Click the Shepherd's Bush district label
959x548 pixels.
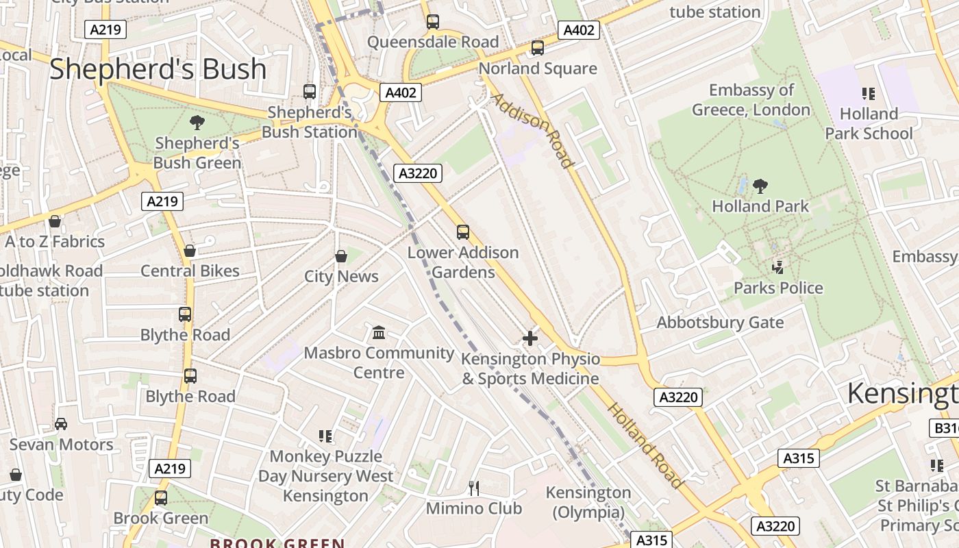click(158, 69)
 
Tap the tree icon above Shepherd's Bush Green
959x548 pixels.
click(197, 123)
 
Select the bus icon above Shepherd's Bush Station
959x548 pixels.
click(310, 91)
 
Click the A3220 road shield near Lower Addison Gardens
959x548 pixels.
click(418, 173)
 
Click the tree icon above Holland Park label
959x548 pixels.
click(760, 186)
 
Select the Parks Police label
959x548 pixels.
click(778, 288)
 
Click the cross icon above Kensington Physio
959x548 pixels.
click(530, 338)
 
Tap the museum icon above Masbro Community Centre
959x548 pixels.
click(378, 333)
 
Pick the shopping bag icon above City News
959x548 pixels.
click(340, 256)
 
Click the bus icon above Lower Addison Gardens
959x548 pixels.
click(463, 232)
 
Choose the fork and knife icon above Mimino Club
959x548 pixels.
click(473, 488)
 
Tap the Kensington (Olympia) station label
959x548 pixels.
click(588, 502)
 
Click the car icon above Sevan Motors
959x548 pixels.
click(61, 424)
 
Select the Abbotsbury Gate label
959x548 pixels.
click(720, 323)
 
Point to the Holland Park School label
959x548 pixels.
click(869, 123)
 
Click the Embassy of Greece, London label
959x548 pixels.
click(751, 100)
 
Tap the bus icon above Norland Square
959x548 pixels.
click(538, 48)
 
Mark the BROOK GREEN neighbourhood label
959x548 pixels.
click(277, 543)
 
